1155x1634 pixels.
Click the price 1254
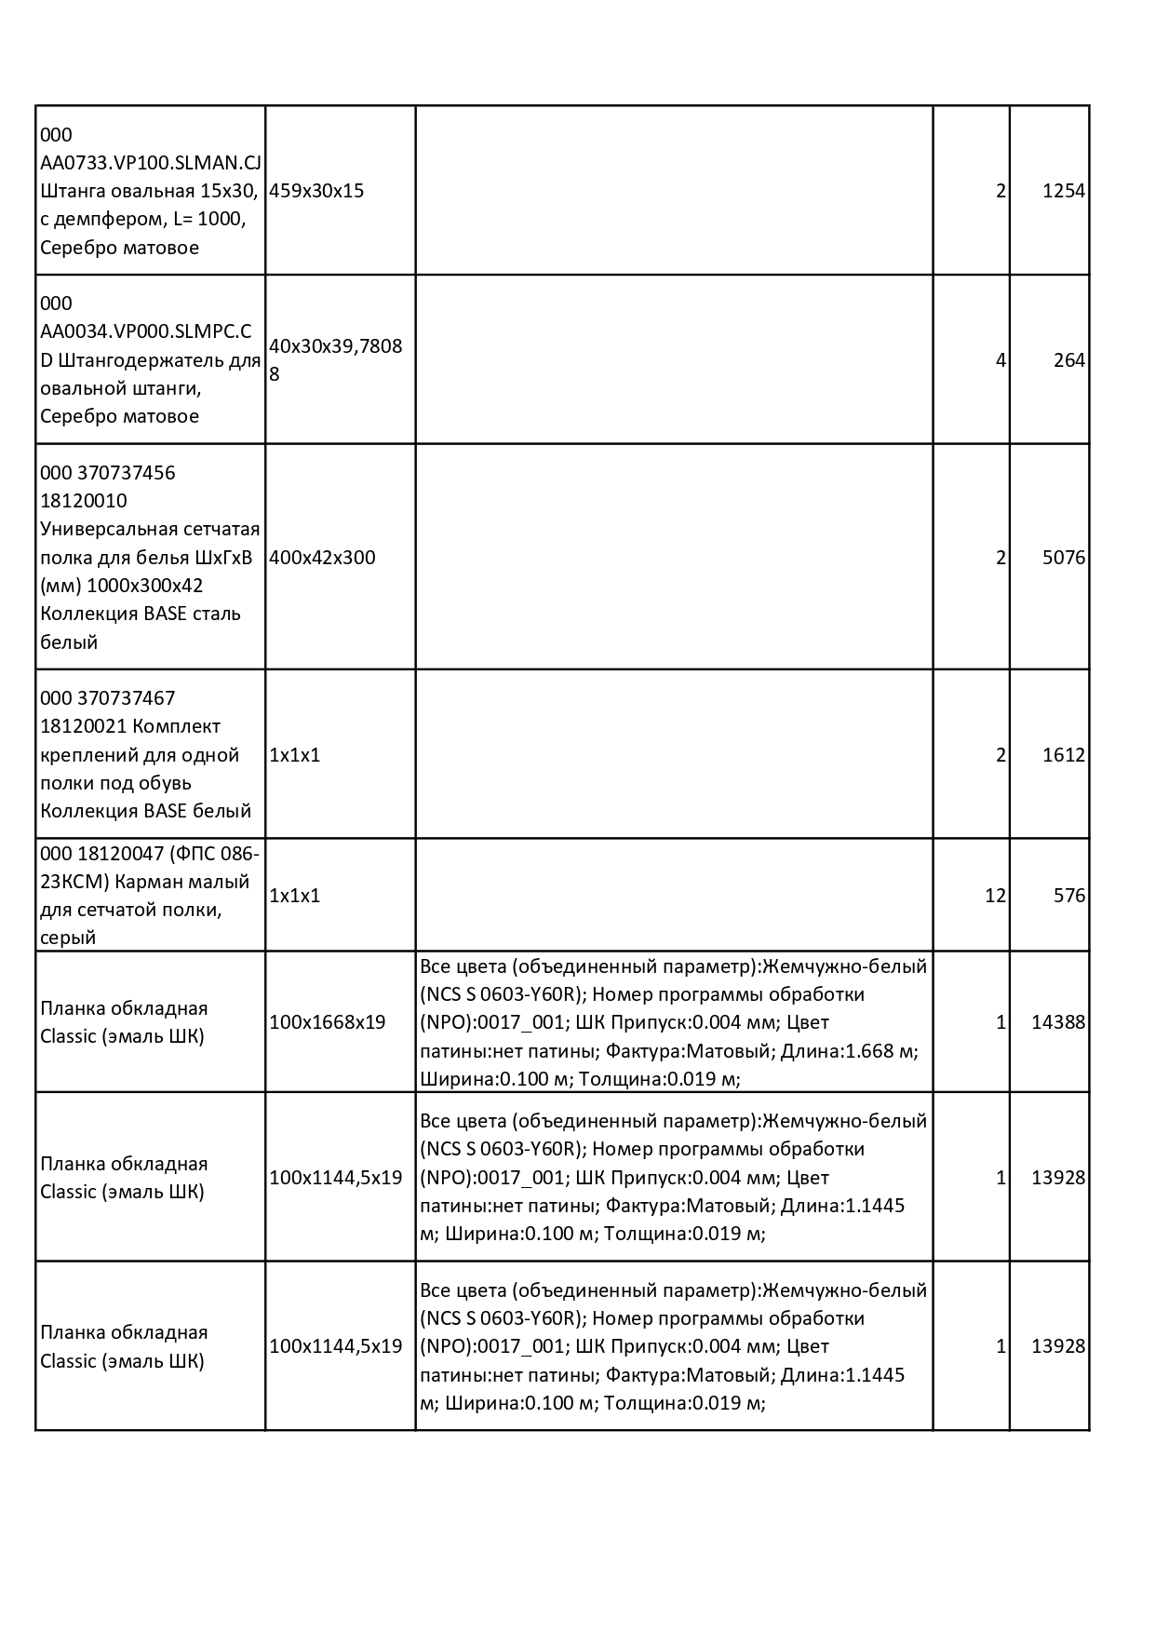tap(1063, 191)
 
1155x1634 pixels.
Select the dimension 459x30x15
tap(316, 191)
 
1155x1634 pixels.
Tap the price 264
tap(1069, 360)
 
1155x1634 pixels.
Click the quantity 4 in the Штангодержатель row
tap(1001, 360)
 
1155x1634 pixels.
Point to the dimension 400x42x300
tap(322, 558)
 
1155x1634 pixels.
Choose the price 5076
tap(1063, 558)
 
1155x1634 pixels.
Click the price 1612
tap(1063, 755)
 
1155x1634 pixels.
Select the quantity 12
tap(995, 896)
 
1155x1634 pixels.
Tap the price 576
tap(1069, 896)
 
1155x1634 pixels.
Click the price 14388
tap(1058, 1022)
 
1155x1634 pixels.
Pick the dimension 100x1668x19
tap(327, 1022)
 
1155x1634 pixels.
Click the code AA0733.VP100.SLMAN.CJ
tap(151, 163)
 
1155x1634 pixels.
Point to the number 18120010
tap(84, 501)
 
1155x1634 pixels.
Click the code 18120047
tap(122, 854)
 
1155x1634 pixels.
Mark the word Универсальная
tap(107, 530)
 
